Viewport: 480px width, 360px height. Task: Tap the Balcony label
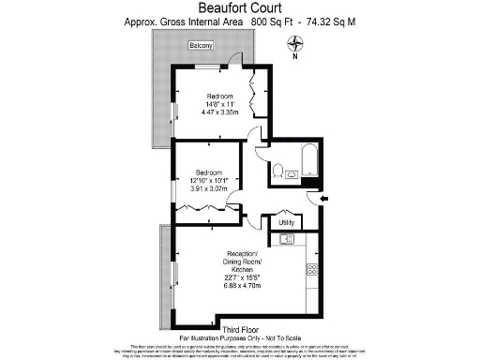(200, 46)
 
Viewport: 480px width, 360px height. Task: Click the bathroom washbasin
(292, 173)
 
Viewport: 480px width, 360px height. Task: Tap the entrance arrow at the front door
(324, 199)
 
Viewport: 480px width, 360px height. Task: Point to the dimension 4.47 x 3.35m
(221, 112)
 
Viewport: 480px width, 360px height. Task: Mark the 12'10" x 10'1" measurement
(209, 181)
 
